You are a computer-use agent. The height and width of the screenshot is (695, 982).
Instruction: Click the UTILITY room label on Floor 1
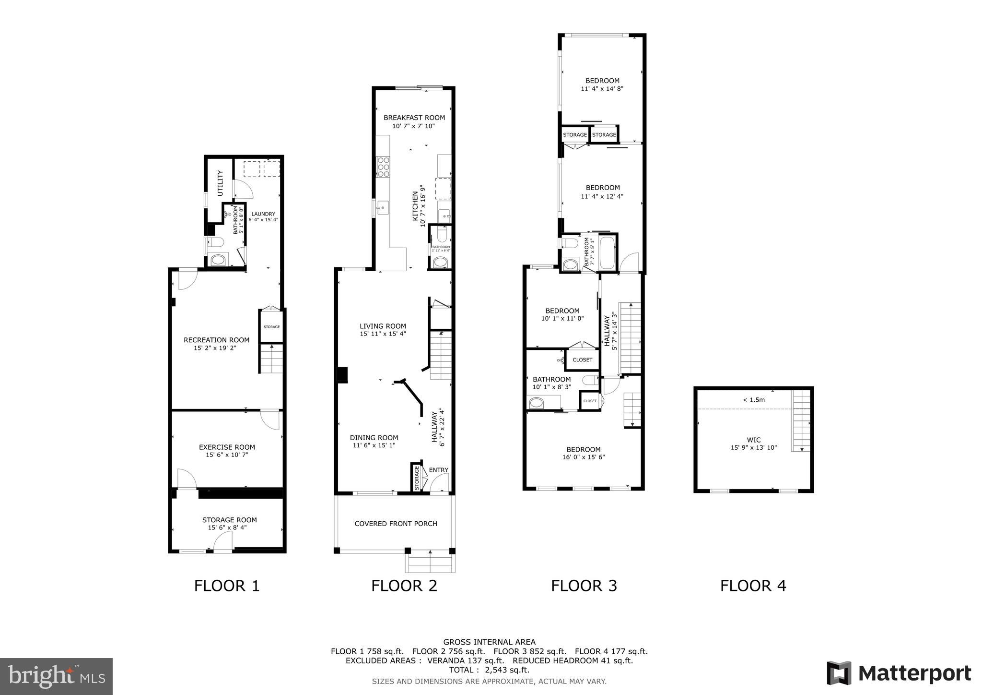(221, 183)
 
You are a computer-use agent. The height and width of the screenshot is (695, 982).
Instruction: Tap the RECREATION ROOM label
(217, 340)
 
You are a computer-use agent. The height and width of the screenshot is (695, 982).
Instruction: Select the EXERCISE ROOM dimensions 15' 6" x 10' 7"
(227, 455)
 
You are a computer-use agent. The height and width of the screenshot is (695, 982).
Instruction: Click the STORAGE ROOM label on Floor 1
(229, 520)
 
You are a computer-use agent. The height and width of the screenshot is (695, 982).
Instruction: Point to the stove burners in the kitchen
(384, 167)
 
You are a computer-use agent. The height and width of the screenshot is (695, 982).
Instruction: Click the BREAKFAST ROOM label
(414, 118)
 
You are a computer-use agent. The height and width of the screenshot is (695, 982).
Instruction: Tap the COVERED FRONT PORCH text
(396, 524)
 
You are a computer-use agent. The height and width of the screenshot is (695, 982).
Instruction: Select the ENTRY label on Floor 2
(438, 470)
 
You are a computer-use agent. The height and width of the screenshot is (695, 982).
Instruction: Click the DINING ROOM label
(374, 438)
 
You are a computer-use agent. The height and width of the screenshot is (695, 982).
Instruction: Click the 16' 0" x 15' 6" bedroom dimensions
(584, 457)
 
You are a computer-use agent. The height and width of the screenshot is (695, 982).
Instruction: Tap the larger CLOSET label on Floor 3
(583, 359)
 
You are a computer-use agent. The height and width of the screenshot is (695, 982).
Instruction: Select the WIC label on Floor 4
(754, 440)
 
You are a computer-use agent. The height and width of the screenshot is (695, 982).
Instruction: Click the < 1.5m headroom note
(754, 399)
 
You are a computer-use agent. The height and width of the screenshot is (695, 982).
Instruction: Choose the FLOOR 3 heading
(584, 586)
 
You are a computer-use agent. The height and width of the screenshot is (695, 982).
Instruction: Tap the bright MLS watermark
(56, 676)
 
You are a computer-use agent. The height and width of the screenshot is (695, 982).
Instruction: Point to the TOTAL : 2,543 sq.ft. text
(489, 670)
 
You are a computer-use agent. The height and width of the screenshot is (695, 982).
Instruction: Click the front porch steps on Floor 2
(430, 563)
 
